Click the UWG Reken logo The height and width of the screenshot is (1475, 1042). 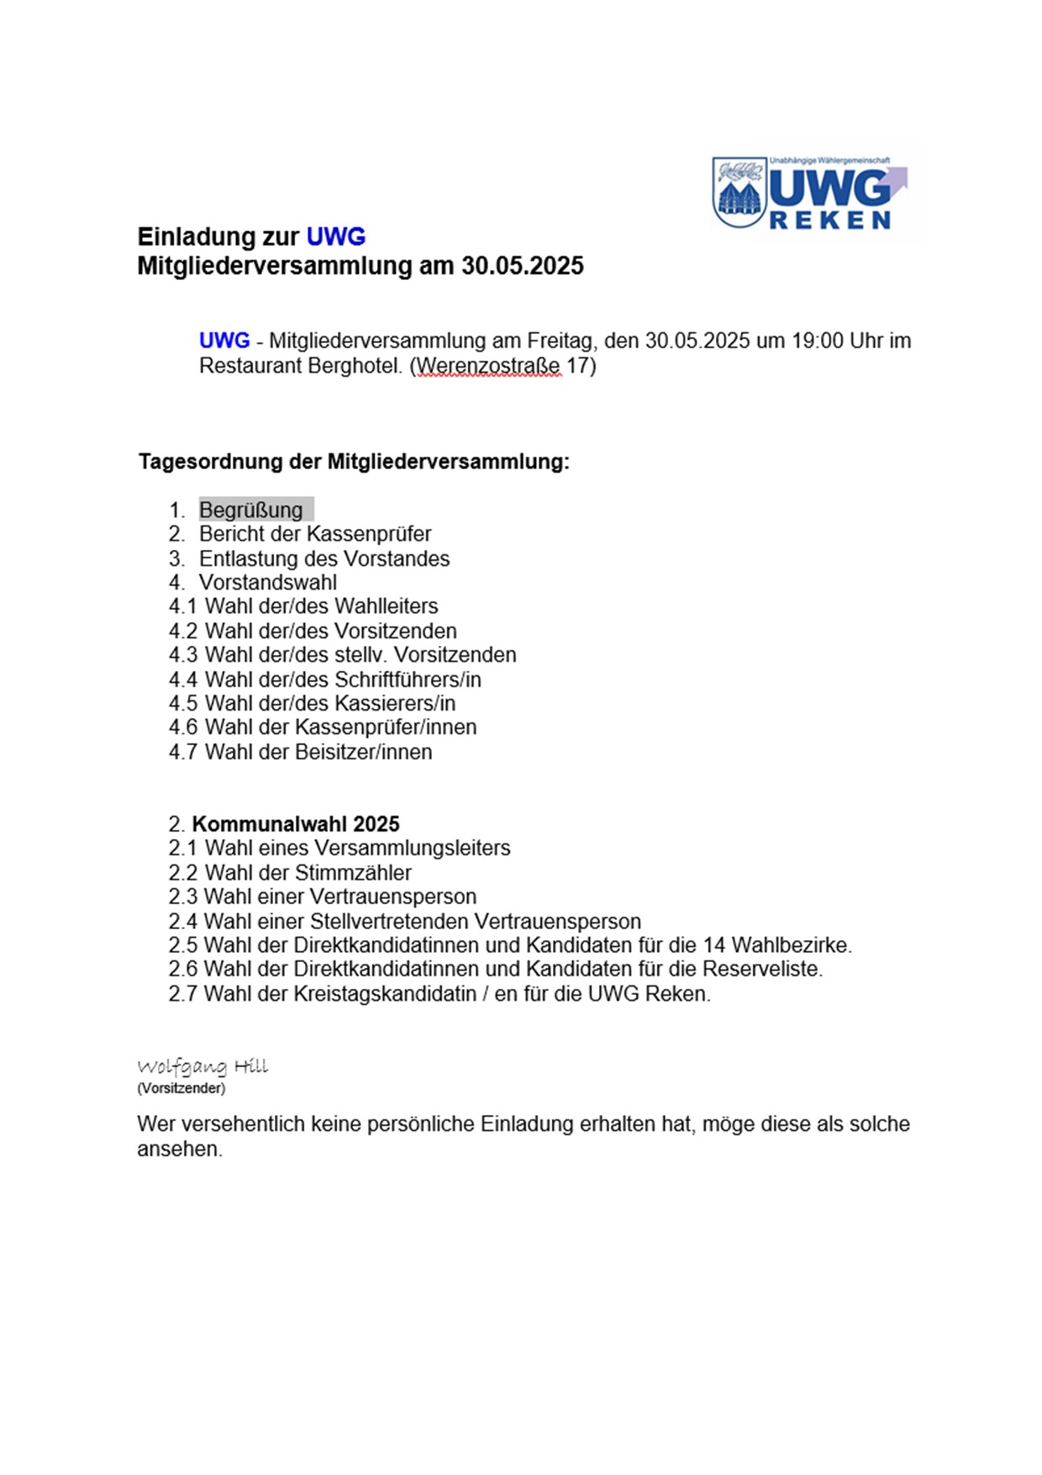812,193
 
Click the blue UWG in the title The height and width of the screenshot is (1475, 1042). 335,237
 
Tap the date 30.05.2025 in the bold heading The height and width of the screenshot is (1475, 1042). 522,266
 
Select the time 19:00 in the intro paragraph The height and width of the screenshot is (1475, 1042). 818,341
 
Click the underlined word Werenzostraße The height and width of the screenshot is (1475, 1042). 488,367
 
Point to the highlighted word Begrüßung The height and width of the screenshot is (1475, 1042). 251,510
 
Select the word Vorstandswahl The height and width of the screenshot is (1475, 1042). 267,583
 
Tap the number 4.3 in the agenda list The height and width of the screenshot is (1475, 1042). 182,655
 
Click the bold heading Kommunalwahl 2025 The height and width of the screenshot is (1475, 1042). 296,824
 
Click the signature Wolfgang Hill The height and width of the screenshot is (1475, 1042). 203,1066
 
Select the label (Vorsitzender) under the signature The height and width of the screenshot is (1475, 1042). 182,1088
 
